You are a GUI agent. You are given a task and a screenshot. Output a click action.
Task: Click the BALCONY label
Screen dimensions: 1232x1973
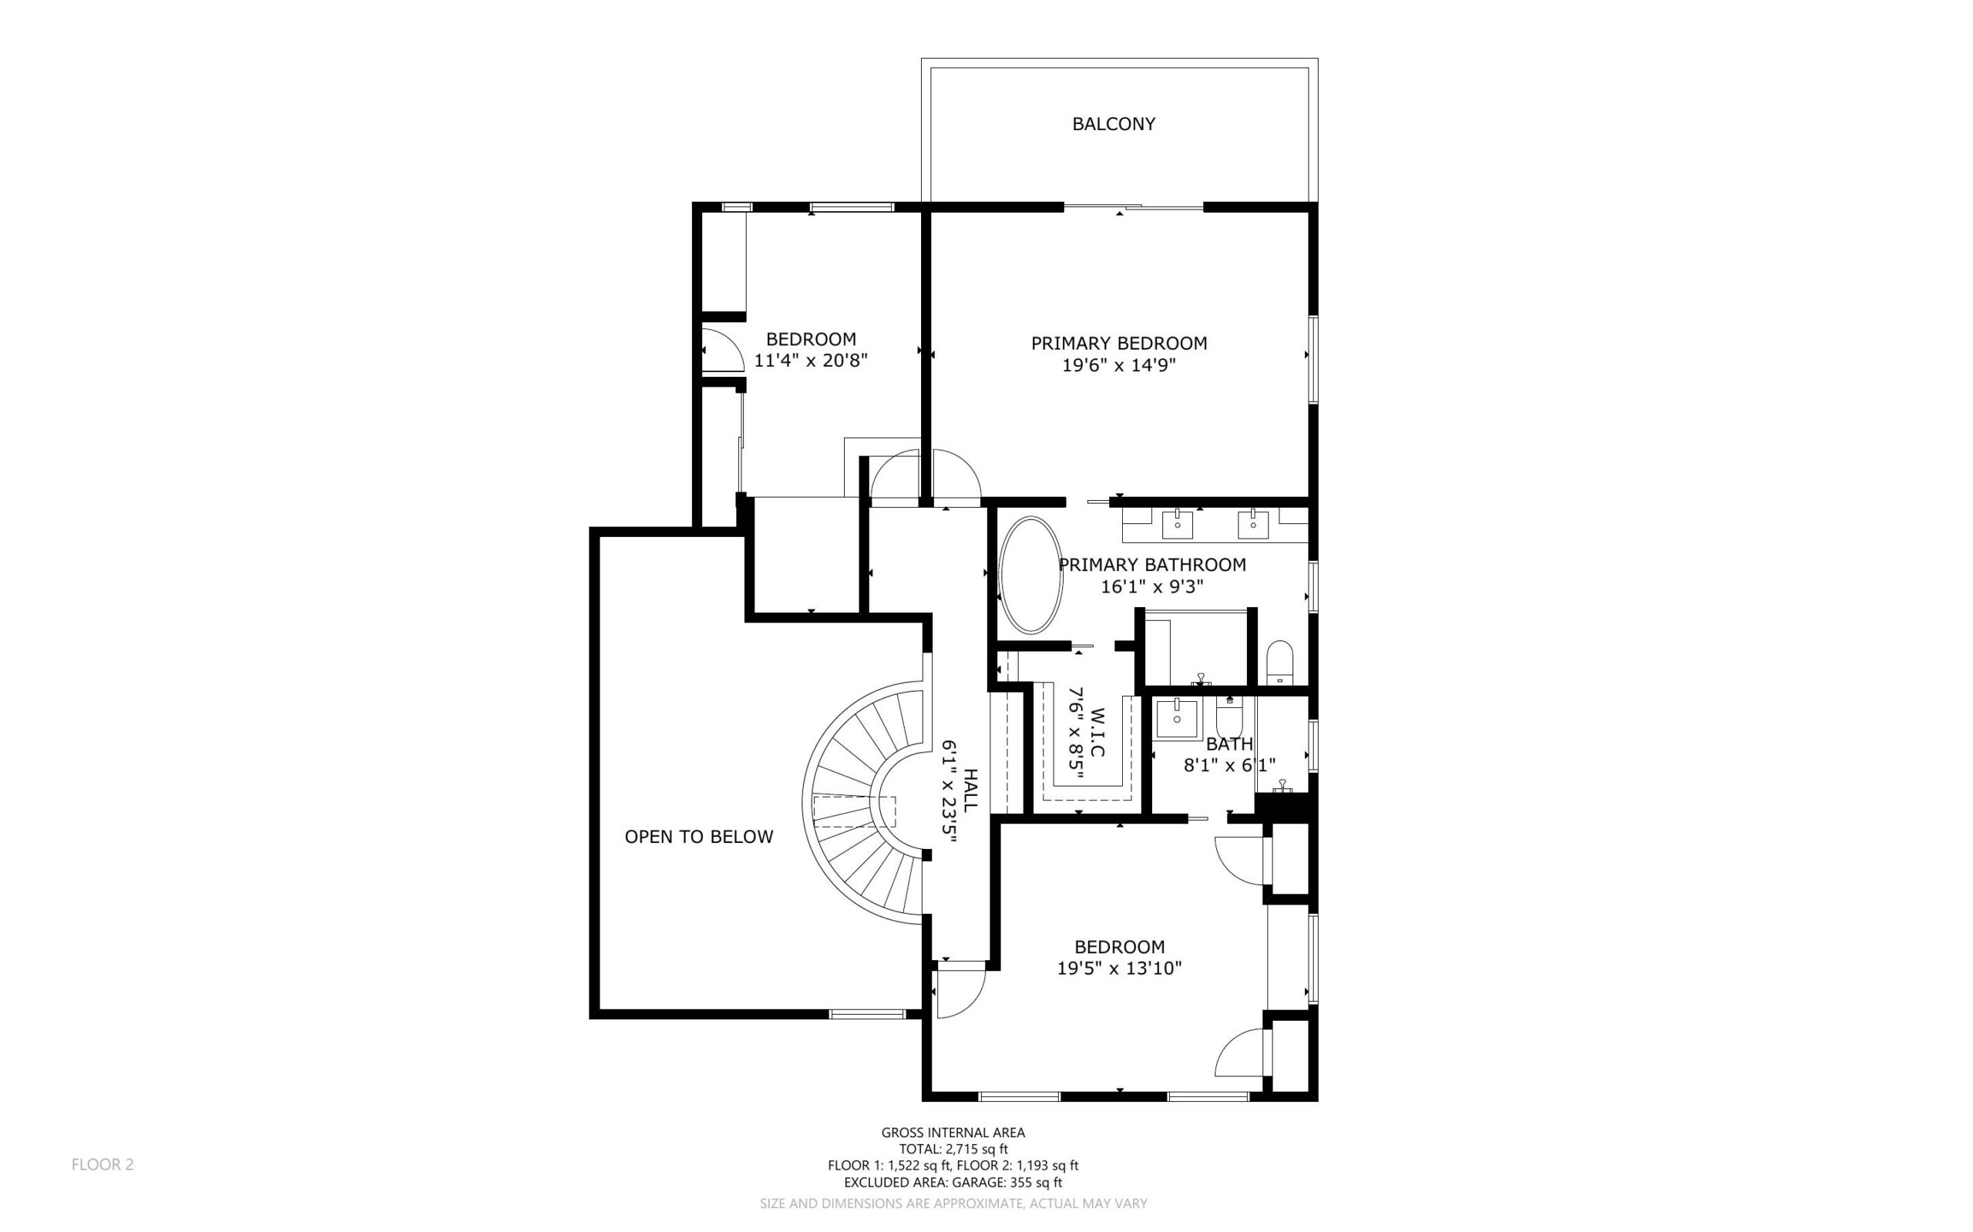click(1113, 124)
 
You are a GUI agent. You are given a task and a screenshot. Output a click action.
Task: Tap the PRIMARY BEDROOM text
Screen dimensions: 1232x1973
click(1119, 343)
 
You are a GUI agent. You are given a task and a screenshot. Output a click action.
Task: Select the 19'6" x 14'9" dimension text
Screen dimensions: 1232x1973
click(1119, 365)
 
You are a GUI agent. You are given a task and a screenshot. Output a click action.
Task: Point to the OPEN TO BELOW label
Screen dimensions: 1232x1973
click(698, 837)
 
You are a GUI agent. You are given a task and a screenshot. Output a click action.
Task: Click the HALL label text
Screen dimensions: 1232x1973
click(970, 790)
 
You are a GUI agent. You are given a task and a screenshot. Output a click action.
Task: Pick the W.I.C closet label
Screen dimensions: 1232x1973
click(1096, 732)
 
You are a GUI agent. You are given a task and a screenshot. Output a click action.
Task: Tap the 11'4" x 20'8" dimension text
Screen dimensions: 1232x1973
click(811, 360)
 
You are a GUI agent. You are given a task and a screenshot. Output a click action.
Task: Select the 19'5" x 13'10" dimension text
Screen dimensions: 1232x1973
click(1119, 968)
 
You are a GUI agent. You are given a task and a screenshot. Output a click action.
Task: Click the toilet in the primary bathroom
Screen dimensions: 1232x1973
click(1280, 662)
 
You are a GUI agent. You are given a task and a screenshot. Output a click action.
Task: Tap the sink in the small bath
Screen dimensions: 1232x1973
click(1177, 718)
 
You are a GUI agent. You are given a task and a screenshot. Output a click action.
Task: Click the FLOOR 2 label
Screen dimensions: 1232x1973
click(103, 1164)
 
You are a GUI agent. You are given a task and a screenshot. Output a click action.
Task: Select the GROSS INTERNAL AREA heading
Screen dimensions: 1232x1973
click(953, 1132)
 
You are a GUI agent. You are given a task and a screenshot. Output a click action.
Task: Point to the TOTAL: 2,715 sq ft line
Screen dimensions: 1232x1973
click(953, 1149)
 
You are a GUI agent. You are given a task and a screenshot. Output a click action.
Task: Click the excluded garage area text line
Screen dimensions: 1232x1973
click(953, 1182)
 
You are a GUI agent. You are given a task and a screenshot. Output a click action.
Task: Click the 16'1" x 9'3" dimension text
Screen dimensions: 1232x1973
click(1151, 586)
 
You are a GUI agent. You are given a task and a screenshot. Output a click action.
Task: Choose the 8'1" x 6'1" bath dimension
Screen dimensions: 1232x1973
click(1229, 764)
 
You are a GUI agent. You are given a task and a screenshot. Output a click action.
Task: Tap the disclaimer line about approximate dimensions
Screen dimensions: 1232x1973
click(953, 1203)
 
